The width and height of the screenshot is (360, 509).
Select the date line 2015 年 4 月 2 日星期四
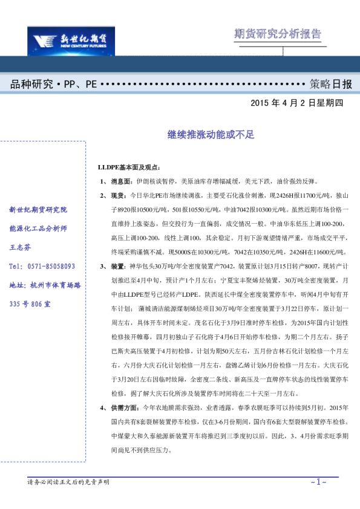(296, 103)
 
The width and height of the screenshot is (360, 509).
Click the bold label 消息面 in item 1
(121, 181)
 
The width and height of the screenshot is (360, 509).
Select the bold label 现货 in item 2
(117, 196)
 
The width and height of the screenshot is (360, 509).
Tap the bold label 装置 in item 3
(117, 267)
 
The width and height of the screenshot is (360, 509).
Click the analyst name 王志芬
(22, 247)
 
